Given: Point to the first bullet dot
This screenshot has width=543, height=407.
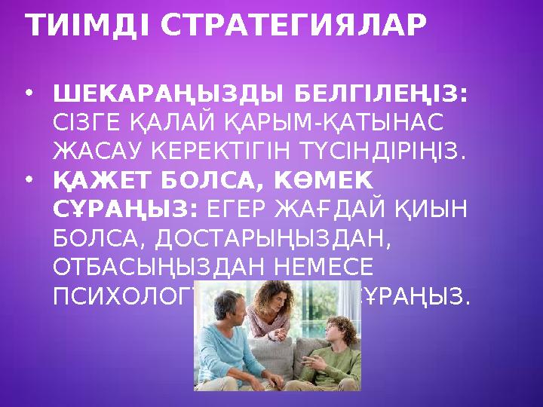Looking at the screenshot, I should (x=29, y=96).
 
